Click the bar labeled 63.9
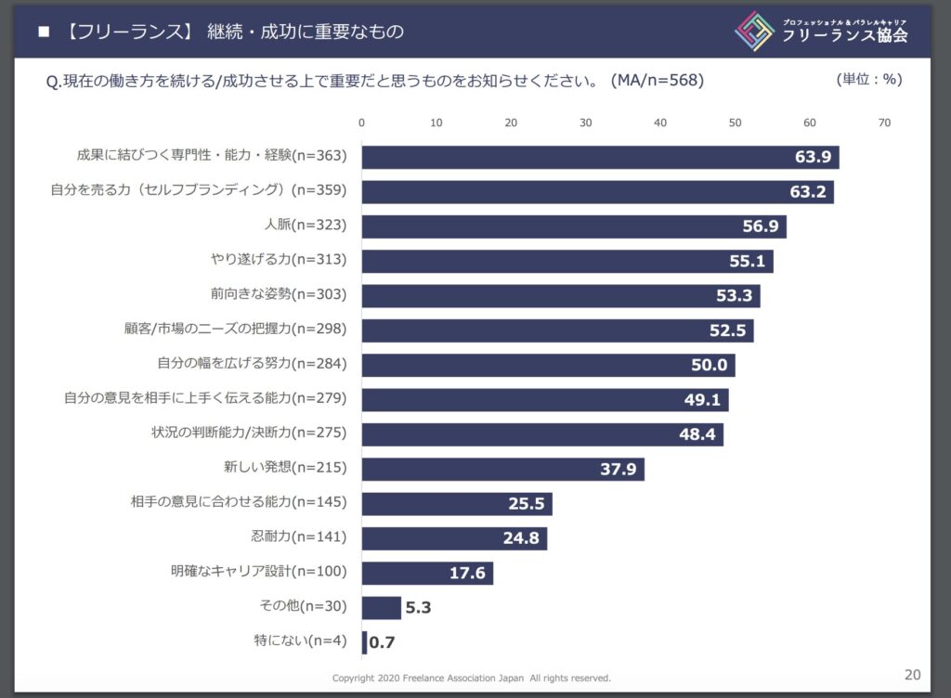click(599, 157)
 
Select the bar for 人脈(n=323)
click(573, 226)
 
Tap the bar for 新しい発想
click(502, 469)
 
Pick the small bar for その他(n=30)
click(381, 607)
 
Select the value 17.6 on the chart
click(467, 573)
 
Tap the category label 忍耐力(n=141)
click(298, 537)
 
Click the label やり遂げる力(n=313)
click(279, 260)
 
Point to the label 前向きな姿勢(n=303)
click(279, 294)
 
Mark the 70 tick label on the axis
click(884, 123)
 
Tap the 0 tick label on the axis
click(361, 123)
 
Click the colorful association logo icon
click(754, 31)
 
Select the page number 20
click(911, 674)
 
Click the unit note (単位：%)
click(868, 79)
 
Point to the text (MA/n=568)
click(657, 80)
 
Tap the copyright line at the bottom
click(471, 679)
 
